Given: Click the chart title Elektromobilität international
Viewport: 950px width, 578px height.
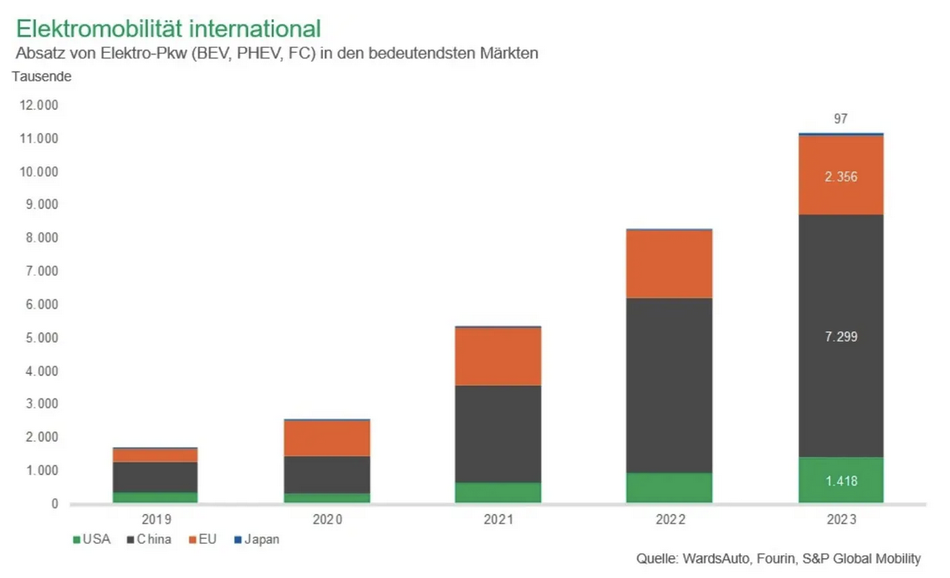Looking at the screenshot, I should [168, 29].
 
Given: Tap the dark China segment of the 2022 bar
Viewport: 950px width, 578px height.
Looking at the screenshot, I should [670, 384].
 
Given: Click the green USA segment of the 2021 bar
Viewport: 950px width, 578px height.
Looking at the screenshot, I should [497, 492].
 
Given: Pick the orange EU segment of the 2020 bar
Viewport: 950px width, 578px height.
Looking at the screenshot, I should [327, 438].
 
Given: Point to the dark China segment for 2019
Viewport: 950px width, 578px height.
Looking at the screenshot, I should [155, 476].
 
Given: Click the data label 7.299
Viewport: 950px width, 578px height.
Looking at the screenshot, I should [841, 337].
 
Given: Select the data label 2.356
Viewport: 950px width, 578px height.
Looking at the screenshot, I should [841, 177].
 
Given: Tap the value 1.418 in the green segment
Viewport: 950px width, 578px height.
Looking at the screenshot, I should [841, 480].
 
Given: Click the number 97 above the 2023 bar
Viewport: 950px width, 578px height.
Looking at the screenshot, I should [841, 118].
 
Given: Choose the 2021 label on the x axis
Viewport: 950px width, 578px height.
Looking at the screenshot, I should [497, 520].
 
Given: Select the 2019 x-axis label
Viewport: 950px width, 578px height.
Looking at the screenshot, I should [155, 520].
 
